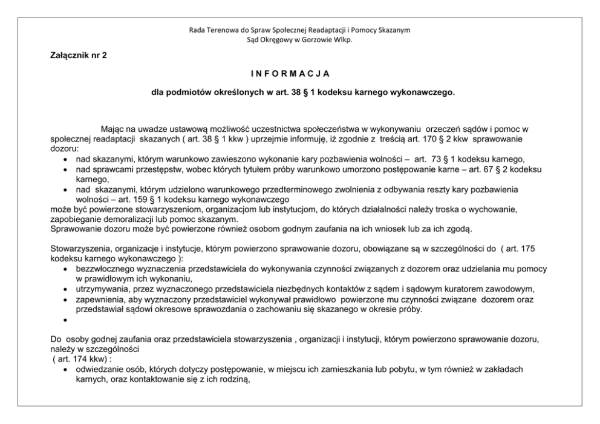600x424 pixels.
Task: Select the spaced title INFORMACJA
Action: [289, 74]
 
